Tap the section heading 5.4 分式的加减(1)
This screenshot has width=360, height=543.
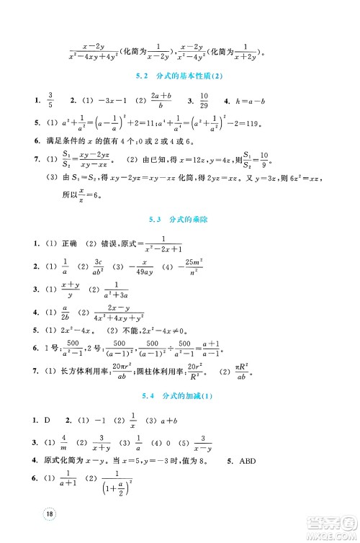pyautogui.click(x=180, y=395)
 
